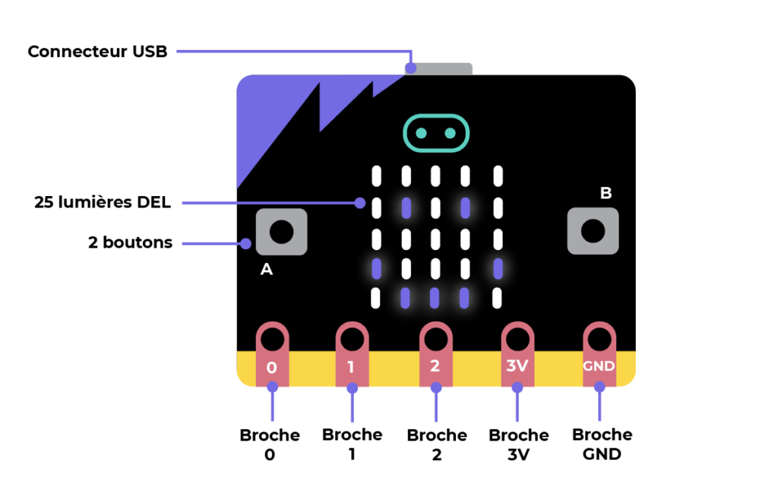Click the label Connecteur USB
[98, 52]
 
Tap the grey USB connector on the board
[438, 69]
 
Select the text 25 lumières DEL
[103, 202]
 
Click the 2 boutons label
[131, 242]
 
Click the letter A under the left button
[267, 269]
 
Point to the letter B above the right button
[606, 193]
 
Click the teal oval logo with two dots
[436, 133]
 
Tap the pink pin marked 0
[273, 354]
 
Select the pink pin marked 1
[353, 354]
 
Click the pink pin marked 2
[435, 354]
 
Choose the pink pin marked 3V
[517, 354]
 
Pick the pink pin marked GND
[599, 354]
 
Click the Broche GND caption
[602, 444]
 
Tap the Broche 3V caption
[518, 445]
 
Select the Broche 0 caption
[270, 445]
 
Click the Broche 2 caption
[437, 445]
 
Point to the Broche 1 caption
[353, 444]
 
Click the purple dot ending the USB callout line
[411, 68]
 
